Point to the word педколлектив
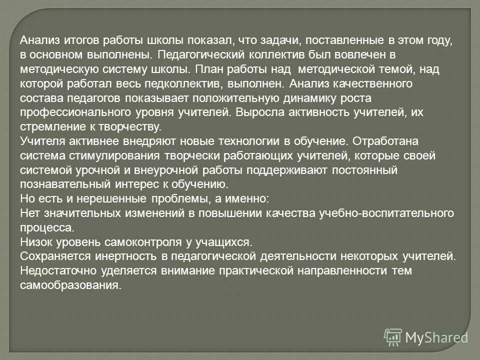coord(188,83)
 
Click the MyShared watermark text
coord(436,337)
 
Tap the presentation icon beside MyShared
coord(393,337)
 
